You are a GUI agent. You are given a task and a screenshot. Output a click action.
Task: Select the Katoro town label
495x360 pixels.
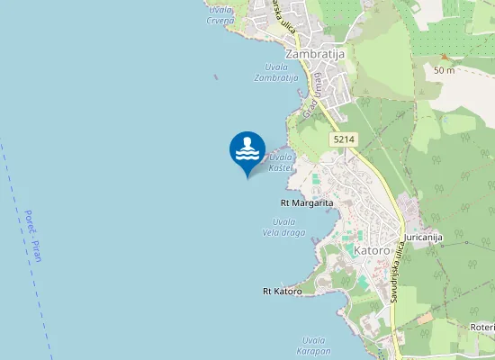(372, 249)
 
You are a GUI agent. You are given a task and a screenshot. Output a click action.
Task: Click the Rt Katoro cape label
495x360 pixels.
(282, 291)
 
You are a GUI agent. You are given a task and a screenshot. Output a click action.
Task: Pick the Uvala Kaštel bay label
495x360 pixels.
(282, 162)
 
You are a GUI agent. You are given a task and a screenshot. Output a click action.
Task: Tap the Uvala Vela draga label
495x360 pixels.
(284, 226)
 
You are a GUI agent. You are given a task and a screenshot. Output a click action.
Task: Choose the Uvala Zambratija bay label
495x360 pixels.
(275, 73)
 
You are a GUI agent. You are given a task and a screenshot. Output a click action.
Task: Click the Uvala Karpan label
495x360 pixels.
(316, 345)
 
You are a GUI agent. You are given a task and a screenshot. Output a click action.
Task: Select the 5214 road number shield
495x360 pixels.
(343, 139)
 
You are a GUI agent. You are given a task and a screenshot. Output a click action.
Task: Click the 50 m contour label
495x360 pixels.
(443, 69)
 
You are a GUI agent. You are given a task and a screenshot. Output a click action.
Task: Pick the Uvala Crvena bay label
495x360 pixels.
(220, 14)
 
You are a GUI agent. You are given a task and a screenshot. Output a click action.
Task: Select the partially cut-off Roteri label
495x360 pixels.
(482, 327)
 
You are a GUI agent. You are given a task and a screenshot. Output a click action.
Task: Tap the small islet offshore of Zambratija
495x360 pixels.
(215, 76)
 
